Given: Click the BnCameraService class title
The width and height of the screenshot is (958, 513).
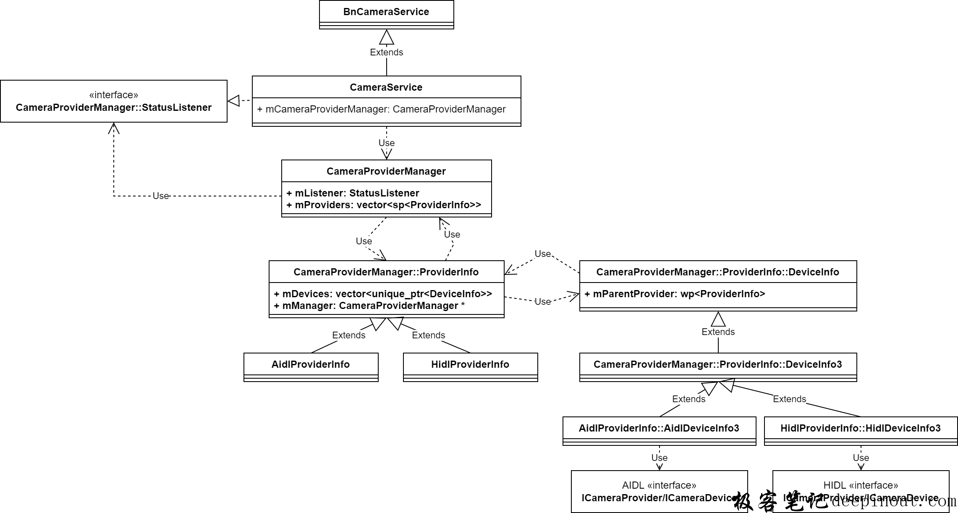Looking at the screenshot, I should pyautogui.click(x=386, y=12).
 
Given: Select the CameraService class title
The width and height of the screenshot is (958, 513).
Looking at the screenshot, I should pyautogui.click(x=386, y=87).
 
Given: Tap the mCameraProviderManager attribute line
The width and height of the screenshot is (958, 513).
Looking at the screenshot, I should pyautogui.click(x=381, y=109).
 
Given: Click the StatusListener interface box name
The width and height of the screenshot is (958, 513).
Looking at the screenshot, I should pyautogui.click(x=113, y=107).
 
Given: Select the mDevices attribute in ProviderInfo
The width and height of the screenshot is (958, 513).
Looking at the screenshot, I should pyautogui.click(x=382, y=294).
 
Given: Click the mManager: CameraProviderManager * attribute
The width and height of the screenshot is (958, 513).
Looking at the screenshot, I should pyautogui.click(x=369, y=306).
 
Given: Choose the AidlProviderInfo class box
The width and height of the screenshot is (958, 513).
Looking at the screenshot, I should pyautogui.click(x=310, y=364).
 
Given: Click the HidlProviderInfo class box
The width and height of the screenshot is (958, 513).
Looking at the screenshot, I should pyautogui.click(x=470, y=364).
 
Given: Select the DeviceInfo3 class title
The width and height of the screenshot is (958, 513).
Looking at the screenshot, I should pyautogui.click(x=717, y=364).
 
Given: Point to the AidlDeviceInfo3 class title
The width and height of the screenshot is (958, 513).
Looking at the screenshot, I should pyautogui.click(x=659, y=428).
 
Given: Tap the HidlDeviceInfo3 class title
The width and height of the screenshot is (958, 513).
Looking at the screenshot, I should pyautogui.click(x=860, y=428).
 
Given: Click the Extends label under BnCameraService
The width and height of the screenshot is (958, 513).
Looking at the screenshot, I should pyautogui.click(x=386, y=52).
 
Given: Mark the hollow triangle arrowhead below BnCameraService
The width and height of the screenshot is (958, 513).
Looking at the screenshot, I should pyautogui.click(x=386, y=38).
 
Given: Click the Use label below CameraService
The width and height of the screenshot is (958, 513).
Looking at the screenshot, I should pyautogui.click(x=386, y=143).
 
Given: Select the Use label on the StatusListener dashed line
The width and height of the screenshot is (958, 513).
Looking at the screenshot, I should pyautogui.click(x=160, y=196).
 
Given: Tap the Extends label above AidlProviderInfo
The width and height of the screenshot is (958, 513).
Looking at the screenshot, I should pyautogui.click(x=348, y=335).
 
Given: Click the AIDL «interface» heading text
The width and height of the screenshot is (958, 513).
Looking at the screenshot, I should pyautogui.click(x=659, y=485).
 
